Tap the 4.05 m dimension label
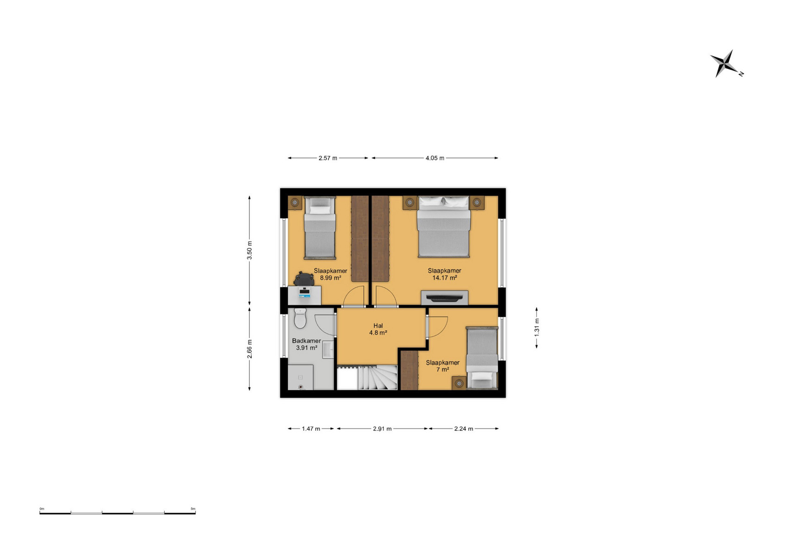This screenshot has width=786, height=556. coord(435,158)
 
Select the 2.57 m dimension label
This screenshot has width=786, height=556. coord(328,158)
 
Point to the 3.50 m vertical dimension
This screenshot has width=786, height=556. coord(249,251)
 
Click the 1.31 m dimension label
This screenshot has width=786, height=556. coord(537,328)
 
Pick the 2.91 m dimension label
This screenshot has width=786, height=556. coord(382,429)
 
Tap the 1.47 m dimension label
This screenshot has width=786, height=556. coord(311,429)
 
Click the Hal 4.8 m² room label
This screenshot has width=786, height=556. coord(378,329)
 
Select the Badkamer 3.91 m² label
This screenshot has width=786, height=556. coord(306,344)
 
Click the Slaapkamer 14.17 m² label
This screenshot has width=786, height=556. coord(444,274)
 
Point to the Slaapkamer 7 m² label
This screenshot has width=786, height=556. coord(443,366)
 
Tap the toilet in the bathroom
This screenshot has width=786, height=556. coord(300,318)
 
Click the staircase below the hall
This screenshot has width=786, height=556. coord(367,378)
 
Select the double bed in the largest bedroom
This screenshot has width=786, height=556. coord(444,227)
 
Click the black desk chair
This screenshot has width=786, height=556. coord(304,279)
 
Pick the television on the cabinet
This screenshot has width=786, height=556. coord(444,298)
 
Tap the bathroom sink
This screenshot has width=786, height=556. coord(328,349)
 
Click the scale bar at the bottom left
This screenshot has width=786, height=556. coord(118,512)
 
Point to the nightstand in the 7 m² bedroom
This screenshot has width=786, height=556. coord(459,383)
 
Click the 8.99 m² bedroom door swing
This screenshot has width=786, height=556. coord(354,297)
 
